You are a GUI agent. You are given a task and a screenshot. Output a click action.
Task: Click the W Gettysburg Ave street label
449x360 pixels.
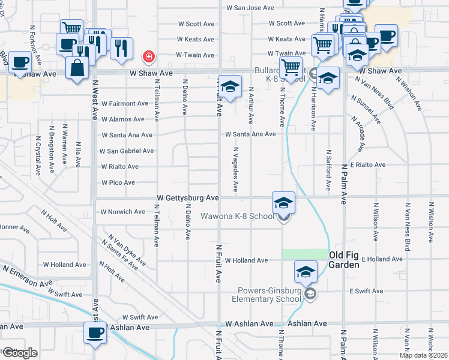(188, 197)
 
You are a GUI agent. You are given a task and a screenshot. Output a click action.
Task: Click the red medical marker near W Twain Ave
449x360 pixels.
(147, 57)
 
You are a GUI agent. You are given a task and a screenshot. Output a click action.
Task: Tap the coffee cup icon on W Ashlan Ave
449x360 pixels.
(94, 333)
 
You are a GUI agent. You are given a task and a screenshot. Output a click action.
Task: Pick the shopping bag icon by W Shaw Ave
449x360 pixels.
(77, 68)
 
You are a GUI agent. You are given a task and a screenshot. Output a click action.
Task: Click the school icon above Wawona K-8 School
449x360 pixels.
(283, 203)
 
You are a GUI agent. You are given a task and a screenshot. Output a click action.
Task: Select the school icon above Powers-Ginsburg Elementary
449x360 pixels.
(306, 272)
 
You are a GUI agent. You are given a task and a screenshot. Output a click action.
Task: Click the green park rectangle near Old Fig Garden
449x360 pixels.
(306, 254)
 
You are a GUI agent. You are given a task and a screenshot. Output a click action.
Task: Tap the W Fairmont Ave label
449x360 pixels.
(124, 103)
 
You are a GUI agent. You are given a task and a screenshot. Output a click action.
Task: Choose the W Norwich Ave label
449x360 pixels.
(122, 212)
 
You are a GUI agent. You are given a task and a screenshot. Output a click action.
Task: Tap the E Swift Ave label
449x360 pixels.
(366, 291)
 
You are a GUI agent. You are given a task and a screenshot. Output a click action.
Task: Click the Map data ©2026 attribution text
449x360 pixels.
(423, 355)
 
